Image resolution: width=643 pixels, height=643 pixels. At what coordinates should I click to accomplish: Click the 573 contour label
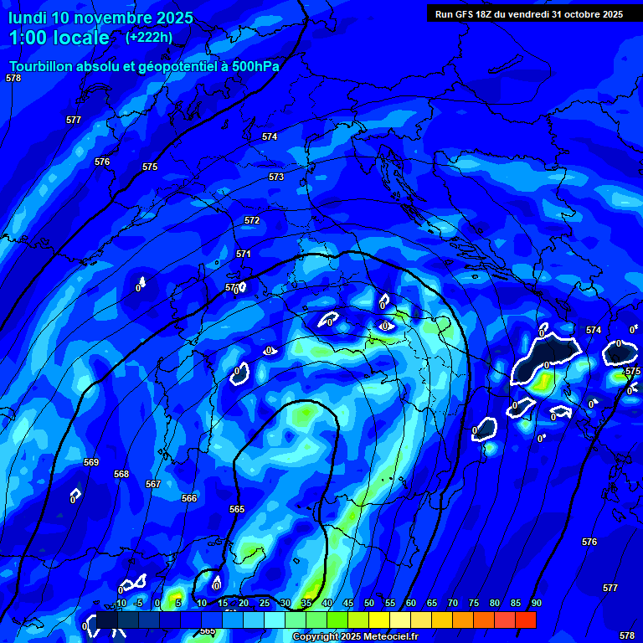coord(276,177)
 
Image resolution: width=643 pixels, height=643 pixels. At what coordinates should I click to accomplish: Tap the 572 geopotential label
coord(252,220)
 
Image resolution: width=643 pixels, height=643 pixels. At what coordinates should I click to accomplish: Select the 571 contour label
coord(244,254)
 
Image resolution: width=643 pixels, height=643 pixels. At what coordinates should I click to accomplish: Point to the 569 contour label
coord(91,463)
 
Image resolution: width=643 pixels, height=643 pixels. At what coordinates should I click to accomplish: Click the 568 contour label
coord(121,475)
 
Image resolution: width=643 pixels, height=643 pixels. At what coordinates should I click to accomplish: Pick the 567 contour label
coord(153,485)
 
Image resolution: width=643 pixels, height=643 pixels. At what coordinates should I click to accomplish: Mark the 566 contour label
coord(189,498)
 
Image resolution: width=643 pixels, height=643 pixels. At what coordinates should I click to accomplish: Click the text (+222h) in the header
coord(149,37)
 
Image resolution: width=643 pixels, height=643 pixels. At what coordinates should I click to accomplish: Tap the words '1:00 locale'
coord(59,38)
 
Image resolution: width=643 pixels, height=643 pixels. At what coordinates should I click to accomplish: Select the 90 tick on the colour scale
coord(536,603)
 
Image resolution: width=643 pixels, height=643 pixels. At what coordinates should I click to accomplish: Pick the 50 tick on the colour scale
coord(368,603)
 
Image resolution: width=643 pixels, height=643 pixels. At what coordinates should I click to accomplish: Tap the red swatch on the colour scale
coord(525,620)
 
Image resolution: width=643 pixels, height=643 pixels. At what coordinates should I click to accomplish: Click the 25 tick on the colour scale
coord(264,603)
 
